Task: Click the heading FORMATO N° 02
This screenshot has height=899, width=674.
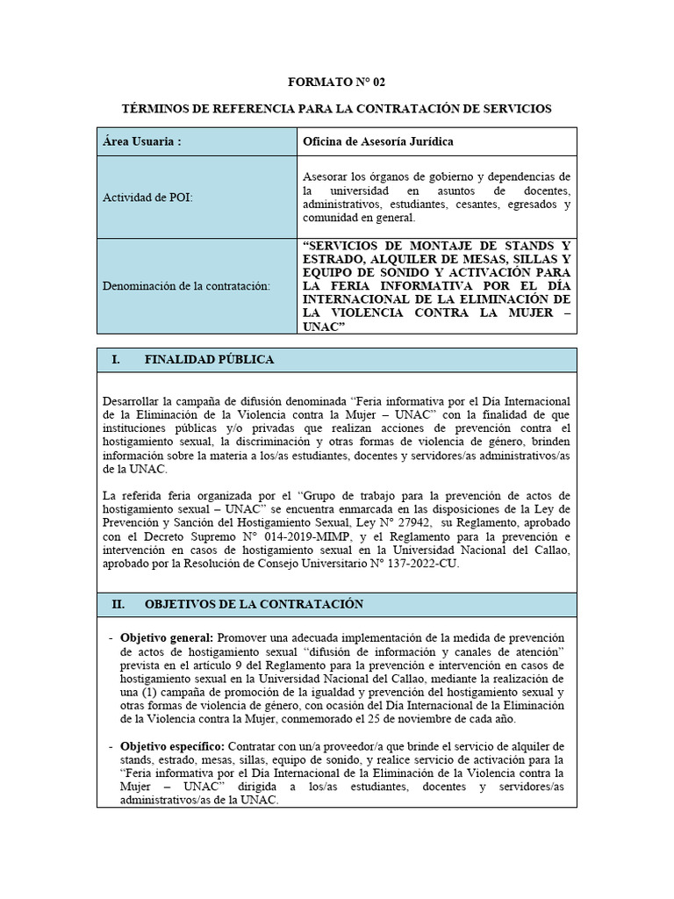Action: [x=337, y=82]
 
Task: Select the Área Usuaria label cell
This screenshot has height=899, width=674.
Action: [x=197, y=141]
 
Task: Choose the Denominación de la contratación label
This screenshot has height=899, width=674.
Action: [x=186, y=285]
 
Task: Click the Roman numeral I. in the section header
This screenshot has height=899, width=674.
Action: [x=115, y=360]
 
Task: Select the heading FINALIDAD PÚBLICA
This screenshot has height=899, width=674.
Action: [x=209, y=360]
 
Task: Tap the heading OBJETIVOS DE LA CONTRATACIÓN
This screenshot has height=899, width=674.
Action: [x=253, y=605]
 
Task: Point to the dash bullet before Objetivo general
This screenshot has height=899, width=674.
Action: [x=110, y=636]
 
